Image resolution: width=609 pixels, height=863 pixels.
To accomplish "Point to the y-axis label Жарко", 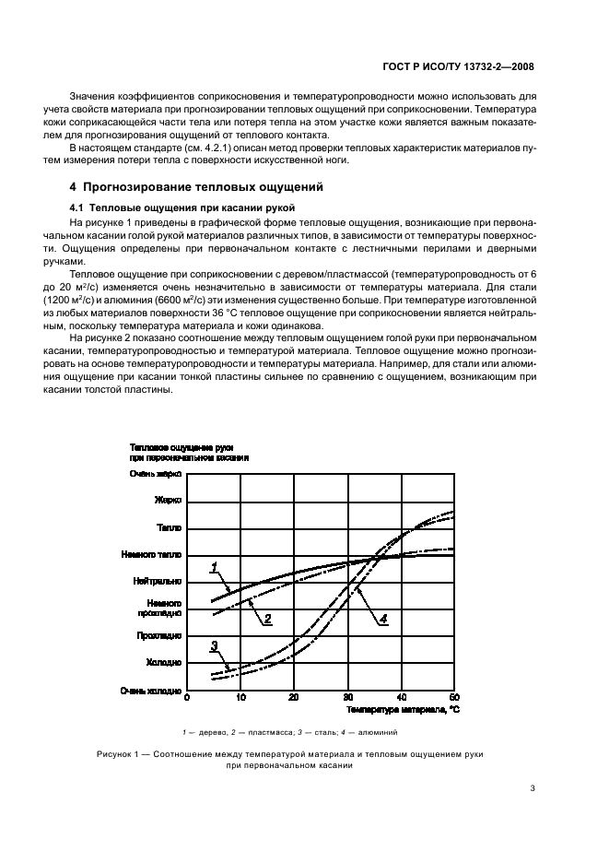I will (168, 501).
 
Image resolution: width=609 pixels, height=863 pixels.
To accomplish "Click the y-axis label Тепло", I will (170, 528).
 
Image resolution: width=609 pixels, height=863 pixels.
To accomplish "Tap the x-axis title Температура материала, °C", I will (402, 711).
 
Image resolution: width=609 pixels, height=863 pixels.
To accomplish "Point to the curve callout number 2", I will (267, 619).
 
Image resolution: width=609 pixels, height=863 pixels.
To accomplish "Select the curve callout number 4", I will (384, 619).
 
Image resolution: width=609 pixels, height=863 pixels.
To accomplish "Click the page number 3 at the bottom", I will (533, 787).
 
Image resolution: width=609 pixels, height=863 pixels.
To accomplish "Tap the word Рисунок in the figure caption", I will (116, 754).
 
